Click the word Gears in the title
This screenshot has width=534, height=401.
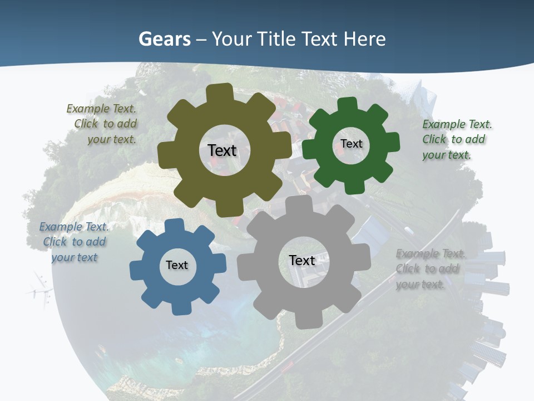[x=164, y=39]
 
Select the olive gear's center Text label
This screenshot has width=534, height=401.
[x=222, y=150]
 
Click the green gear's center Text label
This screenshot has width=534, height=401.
[x=351, y=144]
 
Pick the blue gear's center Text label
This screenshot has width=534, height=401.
[x=177, y=265]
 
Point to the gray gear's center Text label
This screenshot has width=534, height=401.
[x=302, y=260]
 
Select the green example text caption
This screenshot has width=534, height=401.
[x=456, y=139]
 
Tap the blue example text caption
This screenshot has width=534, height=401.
[x=73, y=242]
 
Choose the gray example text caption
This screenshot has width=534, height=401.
[x=430, y=269]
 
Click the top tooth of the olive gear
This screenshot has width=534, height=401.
[x=223, y=92]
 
